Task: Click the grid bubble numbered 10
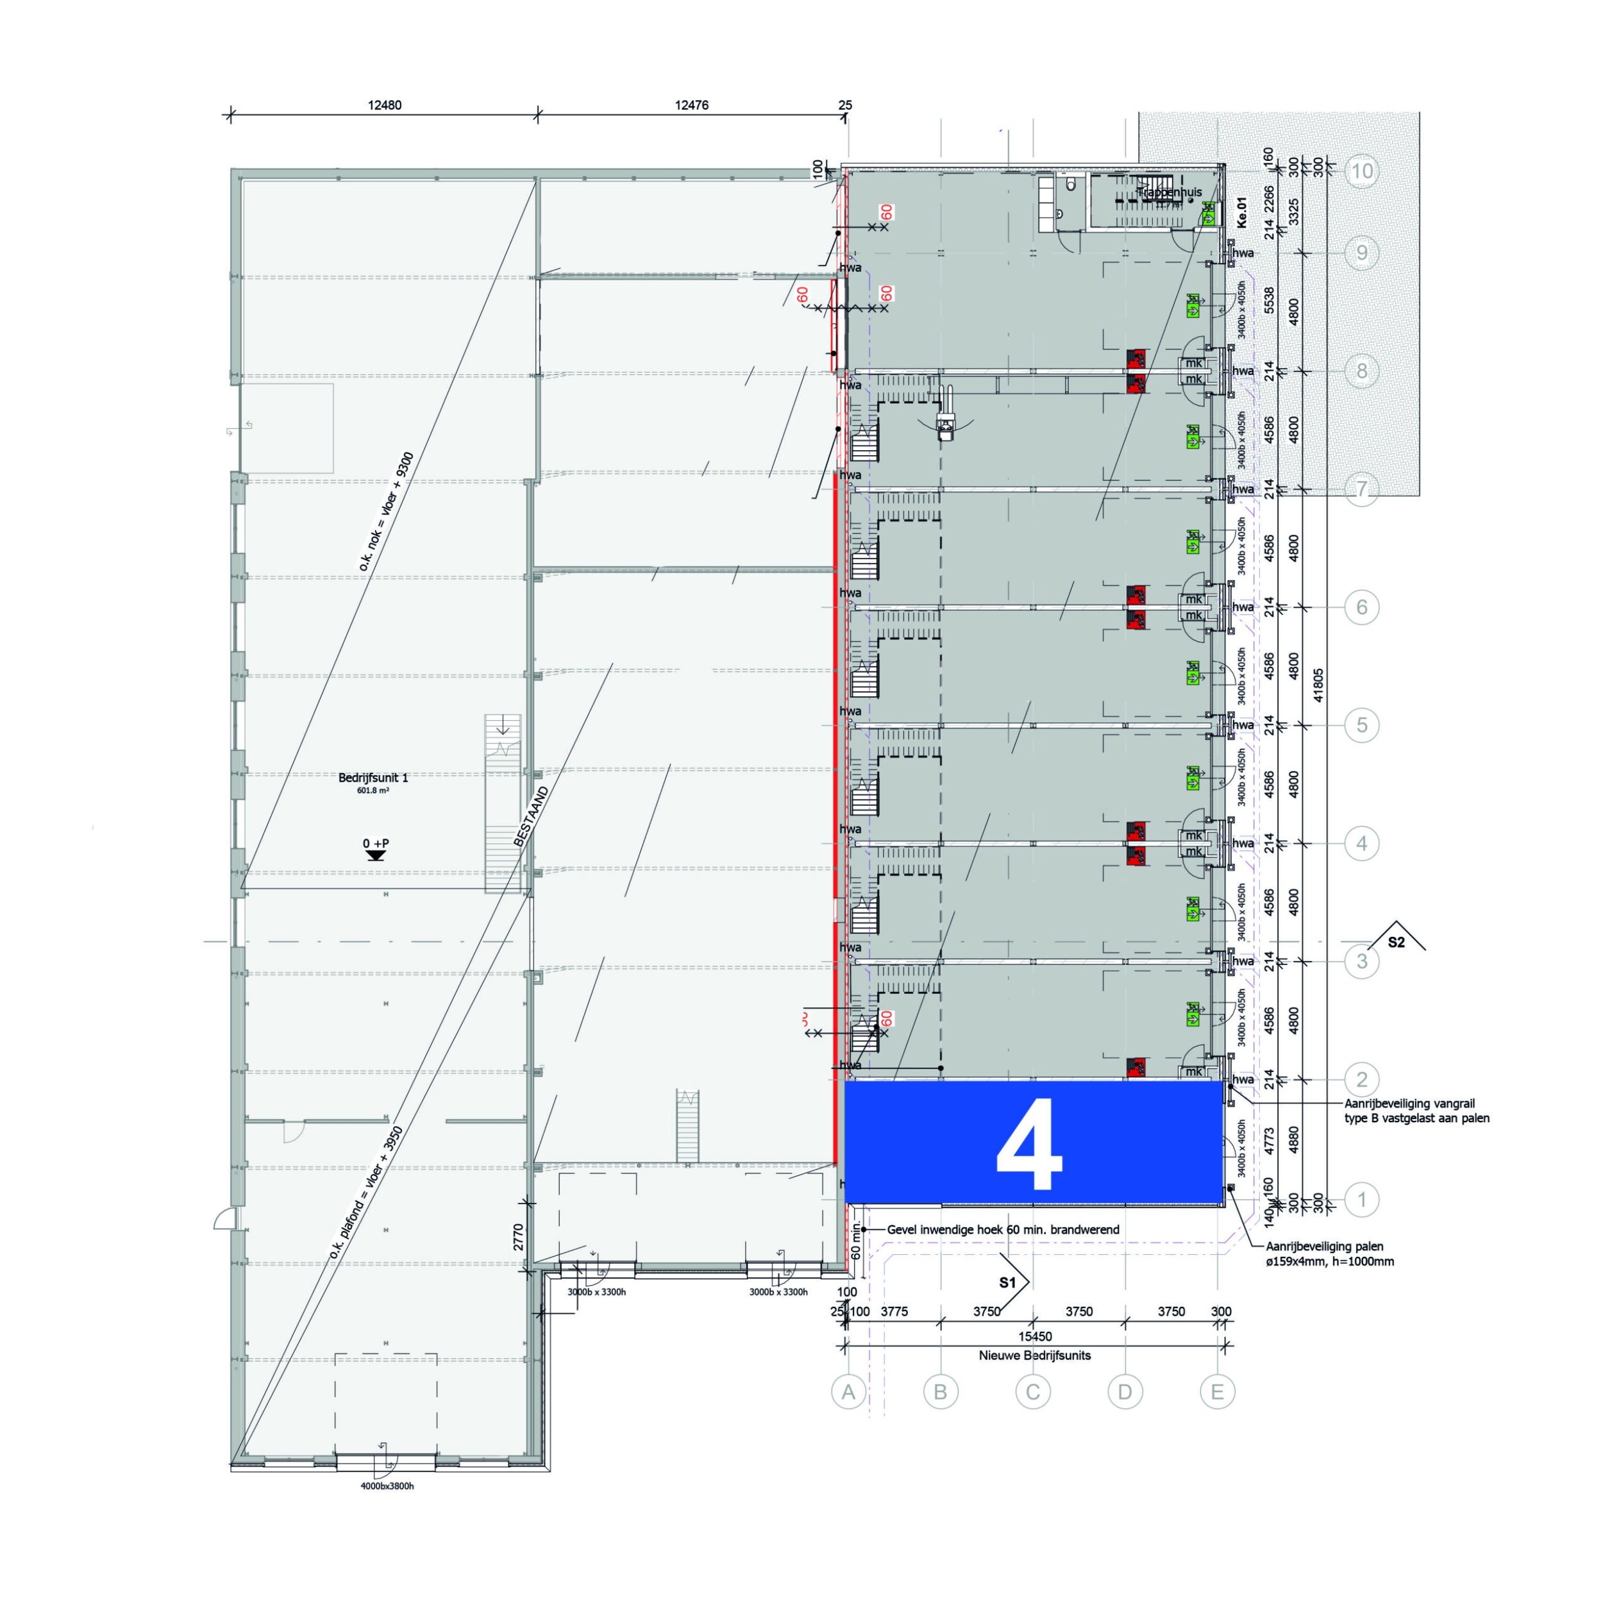point(1361,172)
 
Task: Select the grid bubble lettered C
point(1032,1391)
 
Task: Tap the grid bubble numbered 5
point(1361,725)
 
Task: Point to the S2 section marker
point(1397,942)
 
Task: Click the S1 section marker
point(1008,1283)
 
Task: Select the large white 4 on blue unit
point(1030,1146)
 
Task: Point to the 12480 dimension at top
point(384,105)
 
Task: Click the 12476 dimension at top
point(691,105)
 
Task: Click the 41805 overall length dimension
point(1318,686)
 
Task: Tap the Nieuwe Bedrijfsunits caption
point(1035,1355)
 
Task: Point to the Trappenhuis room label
point(1170,192)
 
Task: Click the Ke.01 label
point(1241,212)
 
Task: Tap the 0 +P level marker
point(376,844)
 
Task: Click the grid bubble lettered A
point(848,1391)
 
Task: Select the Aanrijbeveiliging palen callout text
point(1329,1254)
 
